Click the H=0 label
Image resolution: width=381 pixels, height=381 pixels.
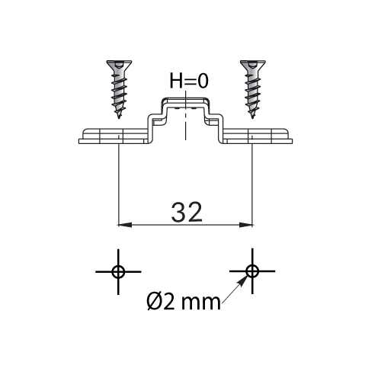(x=189, y=81)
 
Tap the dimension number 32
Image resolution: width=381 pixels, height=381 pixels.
(x=187, y=213)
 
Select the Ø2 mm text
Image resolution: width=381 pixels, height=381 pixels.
(x=184, y=302)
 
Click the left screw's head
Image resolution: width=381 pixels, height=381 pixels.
(x=119, y=65)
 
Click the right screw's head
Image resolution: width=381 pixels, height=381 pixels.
(x=253, y=65)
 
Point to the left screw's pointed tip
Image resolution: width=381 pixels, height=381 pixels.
(x=119, y=118)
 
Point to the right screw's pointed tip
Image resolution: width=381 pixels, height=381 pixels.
(x=252, y=118)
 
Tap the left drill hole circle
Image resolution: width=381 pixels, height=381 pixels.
(x=118, y=272)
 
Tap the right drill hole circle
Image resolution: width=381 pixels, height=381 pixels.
(x=252, y=271)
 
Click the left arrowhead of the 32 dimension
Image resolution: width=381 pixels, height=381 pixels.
(x=125, y=225)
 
